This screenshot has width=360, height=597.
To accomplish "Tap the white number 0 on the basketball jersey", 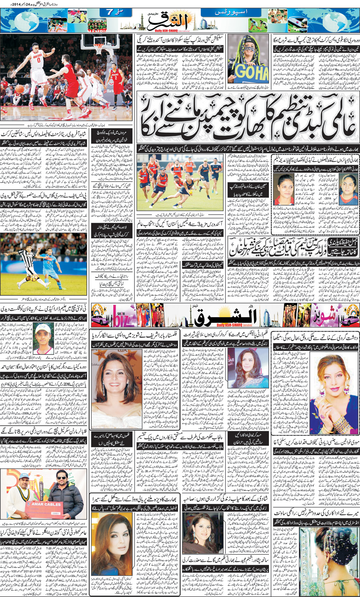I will click(39, 61).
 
